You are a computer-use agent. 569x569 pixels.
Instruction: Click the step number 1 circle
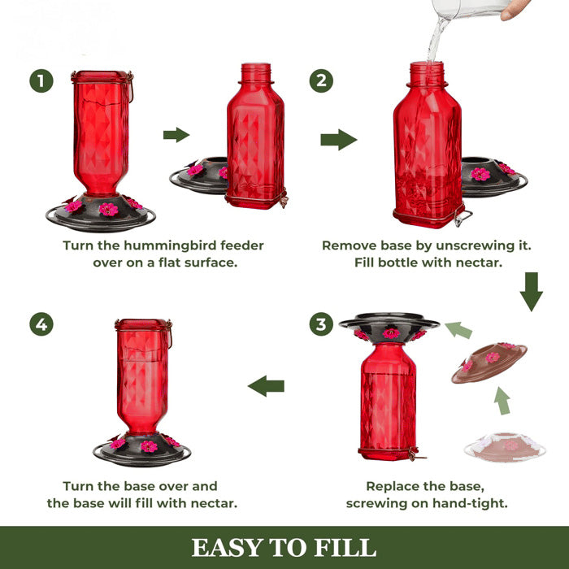(41, 81)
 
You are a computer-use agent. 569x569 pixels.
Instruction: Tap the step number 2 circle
(321, 81)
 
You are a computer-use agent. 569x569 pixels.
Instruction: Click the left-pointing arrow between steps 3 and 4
(266, 385)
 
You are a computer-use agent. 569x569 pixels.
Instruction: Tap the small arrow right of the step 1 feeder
(176, 135)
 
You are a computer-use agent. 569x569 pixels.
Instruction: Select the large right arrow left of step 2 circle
(338, 140)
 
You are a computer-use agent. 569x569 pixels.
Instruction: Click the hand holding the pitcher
(515, 11)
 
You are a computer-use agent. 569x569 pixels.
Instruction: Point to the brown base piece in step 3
(489, 363)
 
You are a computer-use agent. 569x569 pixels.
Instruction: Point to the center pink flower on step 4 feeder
(148, 446)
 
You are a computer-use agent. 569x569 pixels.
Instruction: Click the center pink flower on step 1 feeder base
(108, 210)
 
